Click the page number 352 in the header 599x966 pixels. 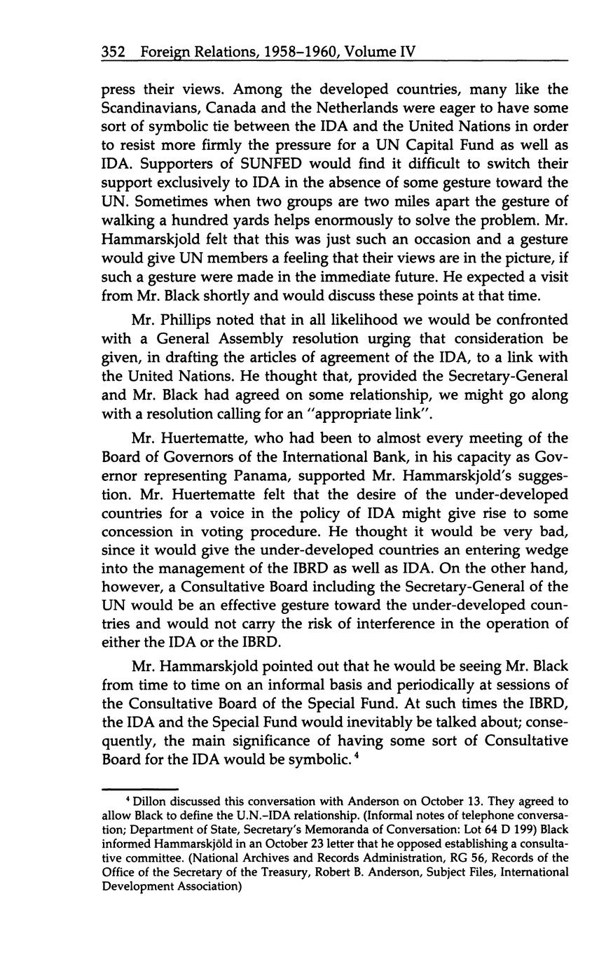114,52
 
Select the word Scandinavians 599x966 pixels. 157,108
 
